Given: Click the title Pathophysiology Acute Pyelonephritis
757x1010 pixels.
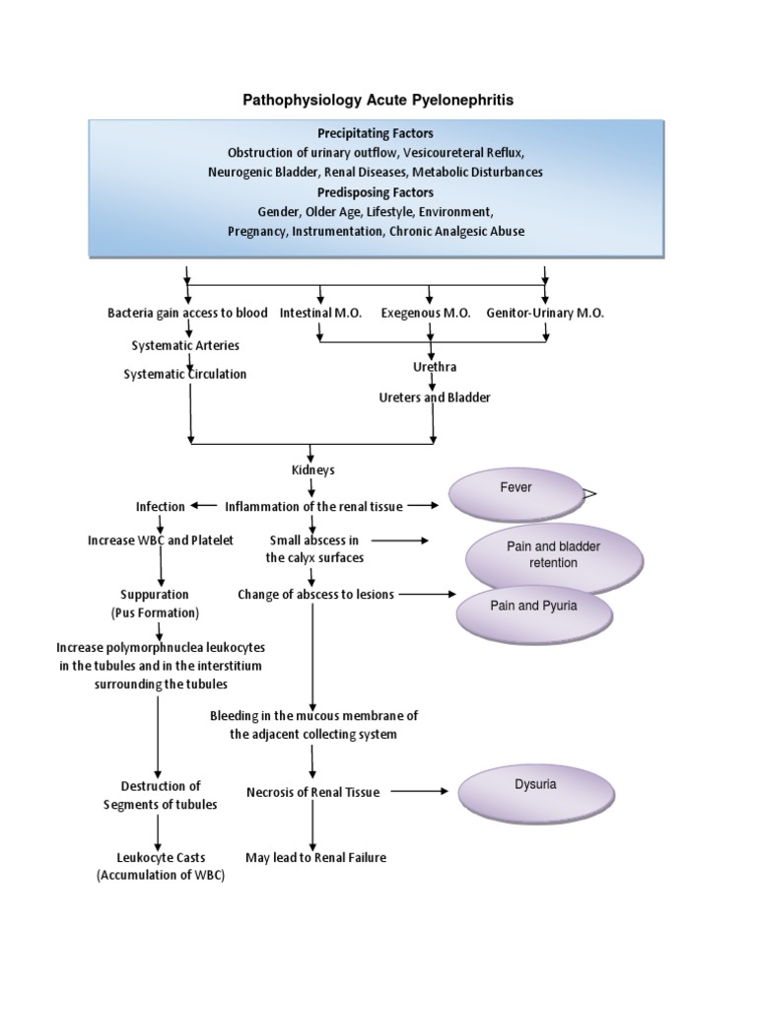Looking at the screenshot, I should coord(378,100).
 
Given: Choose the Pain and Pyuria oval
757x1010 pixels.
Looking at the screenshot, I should coord(533,613).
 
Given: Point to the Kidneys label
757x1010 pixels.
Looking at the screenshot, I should coord(312,469).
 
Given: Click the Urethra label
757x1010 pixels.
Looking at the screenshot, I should coord(434,367).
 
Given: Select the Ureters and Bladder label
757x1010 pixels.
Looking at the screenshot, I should coord(434,397).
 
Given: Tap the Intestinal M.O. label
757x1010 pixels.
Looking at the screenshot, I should coord(320,313).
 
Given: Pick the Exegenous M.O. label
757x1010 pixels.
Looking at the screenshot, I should coord(427,313).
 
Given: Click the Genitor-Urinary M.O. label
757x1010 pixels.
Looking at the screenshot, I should coord(545,313).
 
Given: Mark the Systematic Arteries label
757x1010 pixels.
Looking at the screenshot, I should coord(185,345).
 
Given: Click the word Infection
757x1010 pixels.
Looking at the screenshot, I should coord(161,506).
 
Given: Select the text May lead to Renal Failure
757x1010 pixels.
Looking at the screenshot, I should coord(315,857).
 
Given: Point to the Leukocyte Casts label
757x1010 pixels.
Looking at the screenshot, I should coord(161,857).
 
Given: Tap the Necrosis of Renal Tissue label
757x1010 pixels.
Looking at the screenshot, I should coord(312,791).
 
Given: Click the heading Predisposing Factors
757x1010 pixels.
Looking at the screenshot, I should coord(376,191).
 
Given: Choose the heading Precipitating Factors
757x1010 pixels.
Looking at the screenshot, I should coord(376,133).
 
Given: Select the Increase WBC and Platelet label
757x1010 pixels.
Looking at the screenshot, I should coord(161,541).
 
